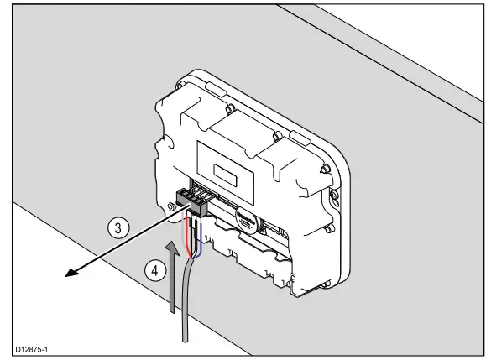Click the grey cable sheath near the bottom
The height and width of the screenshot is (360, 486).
[186, 310]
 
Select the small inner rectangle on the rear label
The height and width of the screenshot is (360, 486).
[227, 175]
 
